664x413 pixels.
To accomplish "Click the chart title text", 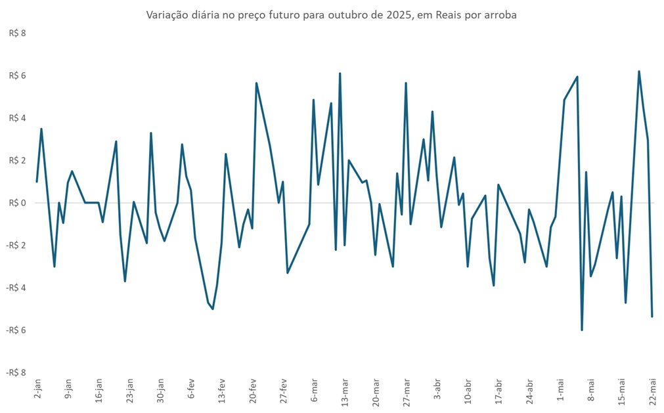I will (331, 15).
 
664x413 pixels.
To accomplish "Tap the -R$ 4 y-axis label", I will (16, 288).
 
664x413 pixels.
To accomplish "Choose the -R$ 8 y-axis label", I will (16, 372).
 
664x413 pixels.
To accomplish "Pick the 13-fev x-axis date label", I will (222, 392).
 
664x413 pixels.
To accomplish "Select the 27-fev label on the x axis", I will (284, 392).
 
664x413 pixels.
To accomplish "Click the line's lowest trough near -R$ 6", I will (582, 330).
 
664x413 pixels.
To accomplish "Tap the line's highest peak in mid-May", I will (638, 71).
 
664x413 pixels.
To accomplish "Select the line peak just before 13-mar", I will (340, 74).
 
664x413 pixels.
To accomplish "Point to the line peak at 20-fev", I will (256, 83).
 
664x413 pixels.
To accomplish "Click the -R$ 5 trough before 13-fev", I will (213, 309).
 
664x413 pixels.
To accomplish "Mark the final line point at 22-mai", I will (652, 316).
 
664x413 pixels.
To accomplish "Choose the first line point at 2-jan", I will (37, 182).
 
